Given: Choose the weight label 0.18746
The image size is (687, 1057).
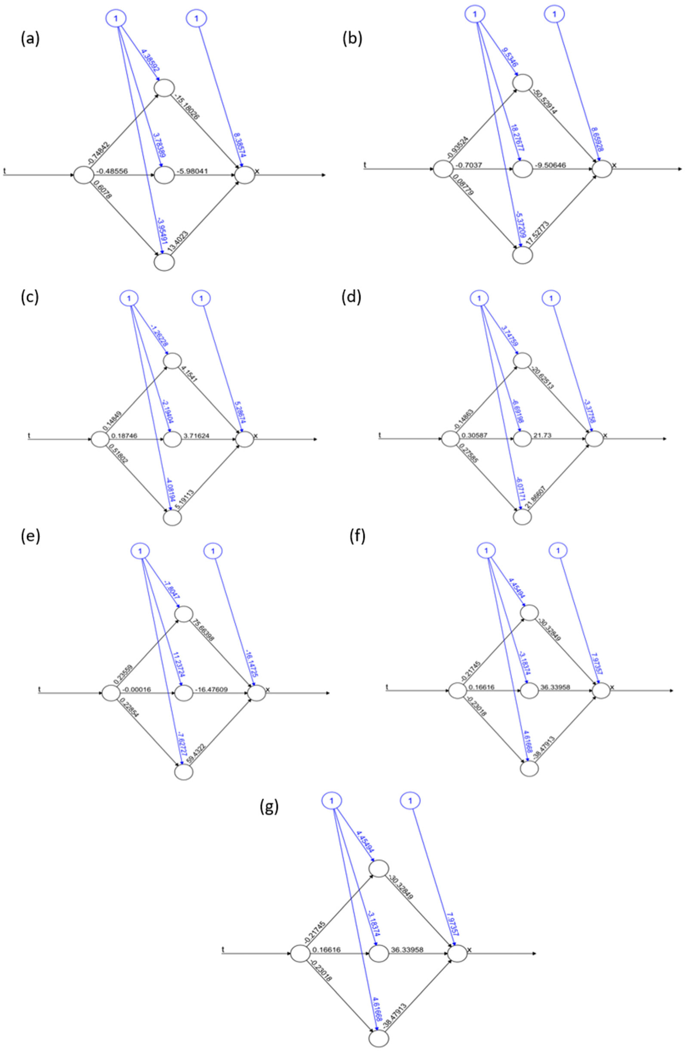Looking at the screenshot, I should click(x=124, y=436).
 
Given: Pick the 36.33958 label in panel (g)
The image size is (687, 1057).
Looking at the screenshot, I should click(x=406, y=950).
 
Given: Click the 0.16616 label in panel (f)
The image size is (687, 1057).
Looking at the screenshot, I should click(x=481, y=687).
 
